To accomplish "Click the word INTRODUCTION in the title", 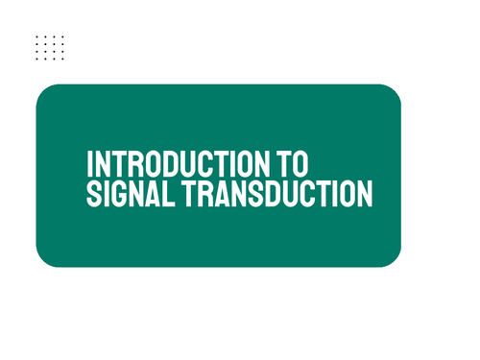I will [x=182, y=162].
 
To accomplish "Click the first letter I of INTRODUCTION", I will [x=90, y=162].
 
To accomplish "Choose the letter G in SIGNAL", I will [x=118, y=194].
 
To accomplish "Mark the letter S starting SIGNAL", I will [x=94, y=194].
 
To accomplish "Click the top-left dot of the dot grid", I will [x=36, y=36].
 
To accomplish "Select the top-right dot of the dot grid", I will [x=63, y=36].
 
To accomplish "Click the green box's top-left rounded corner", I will [x=43, y=91].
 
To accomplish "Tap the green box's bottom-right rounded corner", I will [x=394, y=259].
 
